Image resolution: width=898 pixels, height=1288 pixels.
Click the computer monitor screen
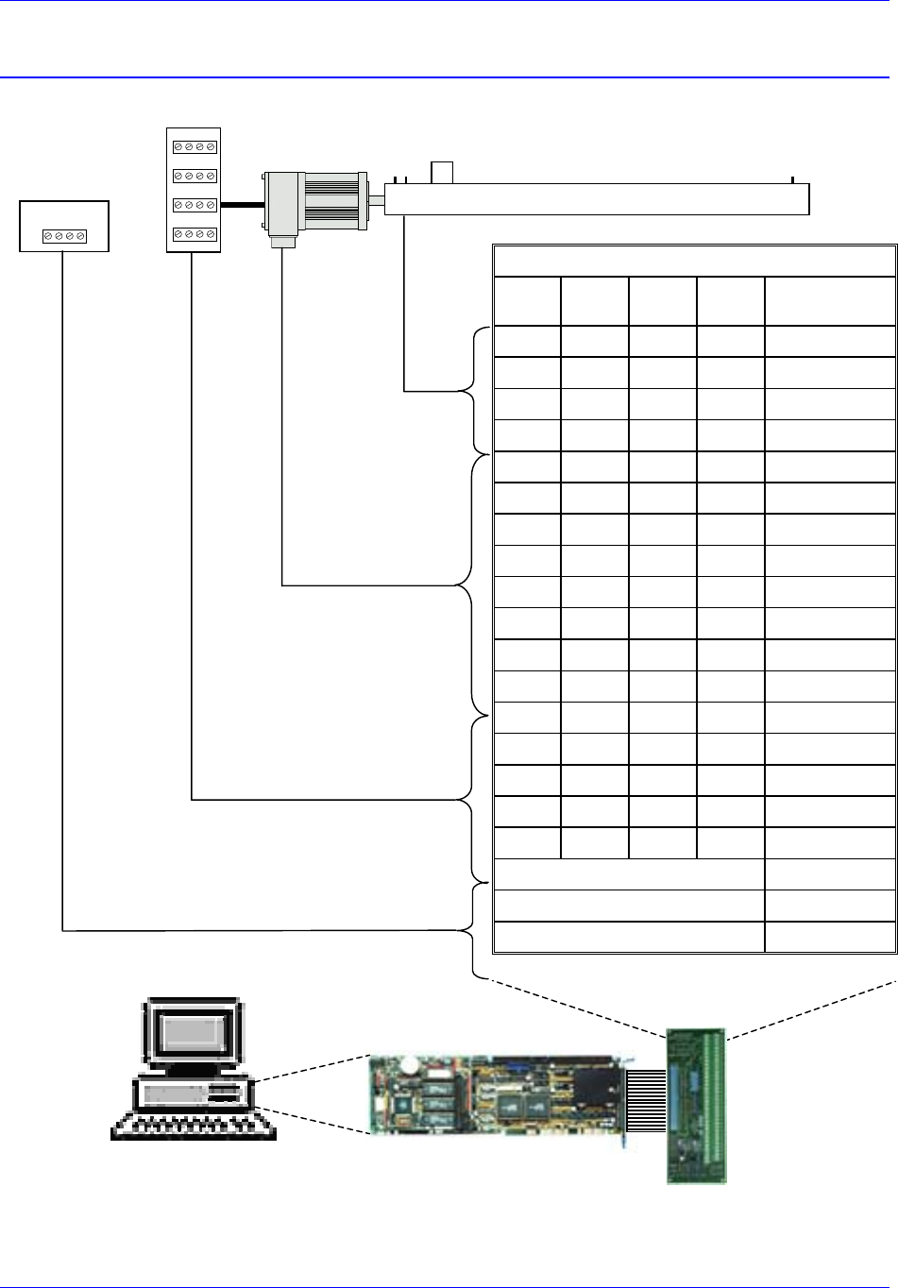pyautogui.click(x=192, y=1033)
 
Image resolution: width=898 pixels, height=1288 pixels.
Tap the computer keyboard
pyautogui.click(x=194, y=1126)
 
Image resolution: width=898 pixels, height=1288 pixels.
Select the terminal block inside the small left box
pyautogui.click(x=65, y=236)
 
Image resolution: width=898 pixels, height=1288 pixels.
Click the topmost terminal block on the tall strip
pyautogui.click(x=194, y=147)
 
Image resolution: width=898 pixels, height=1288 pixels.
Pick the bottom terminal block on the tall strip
pyautogui.click(x=194, y=233)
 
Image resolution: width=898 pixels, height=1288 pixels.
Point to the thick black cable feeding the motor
pyautogui.click(x=241, y=202)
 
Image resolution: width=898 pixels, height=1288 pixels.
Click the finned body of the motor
pyautogui.click(x=330, y=200)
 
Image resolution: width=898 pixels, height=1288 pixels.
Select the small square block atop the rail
pyautogui.click(x=442, y=173)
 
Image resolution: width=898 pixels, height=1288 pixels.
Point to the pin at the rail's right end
pyautogui.click(x=793, y=179)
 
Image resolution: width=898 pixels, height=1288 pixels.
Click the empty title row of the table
pyautogui.click(x=694, y=261)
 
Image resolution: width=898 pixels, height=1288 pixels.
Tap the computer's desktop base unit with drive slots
pyautogui.click(x=195, y=1093)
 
